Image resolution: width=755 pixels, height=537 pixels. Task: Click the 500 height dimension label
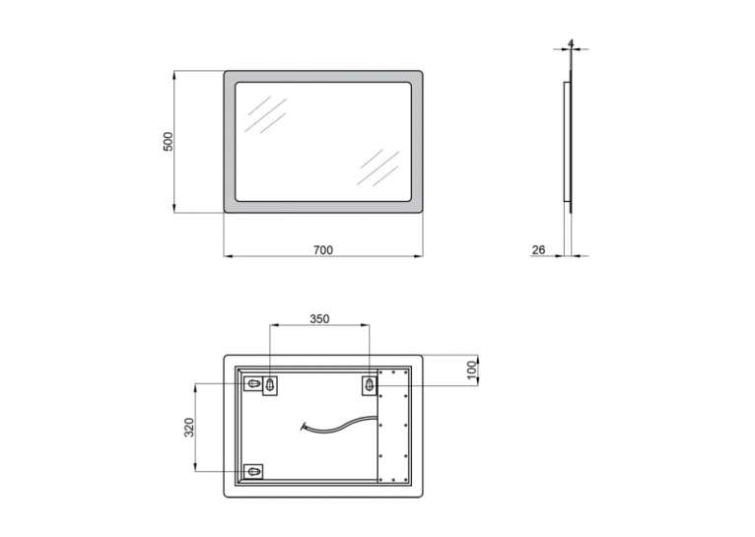(168, 142)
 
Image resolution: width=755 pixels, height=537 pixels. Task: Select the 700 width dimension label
(323, 250)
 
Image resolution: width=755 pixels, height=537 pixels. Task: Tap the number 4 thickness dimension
(571, 43)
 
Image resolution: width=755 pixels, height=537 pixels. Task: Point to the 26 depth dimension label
(538, 250)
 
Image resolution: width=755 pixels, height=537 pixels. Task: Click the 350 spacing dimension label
(319, 319)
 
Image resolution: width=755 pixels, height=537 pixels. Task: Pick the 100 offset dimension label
(472, 370)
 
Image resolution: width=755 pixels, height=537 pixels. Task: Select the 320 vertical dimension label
(189, 428)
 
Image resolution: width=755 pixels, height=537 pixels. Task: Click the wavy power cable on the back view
(339, 424)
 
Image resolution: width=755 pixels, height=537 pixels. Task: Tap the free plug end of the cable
(304, 426)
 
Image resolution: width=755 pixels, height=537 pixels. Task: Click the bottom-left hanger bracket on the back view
(253, 472)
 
